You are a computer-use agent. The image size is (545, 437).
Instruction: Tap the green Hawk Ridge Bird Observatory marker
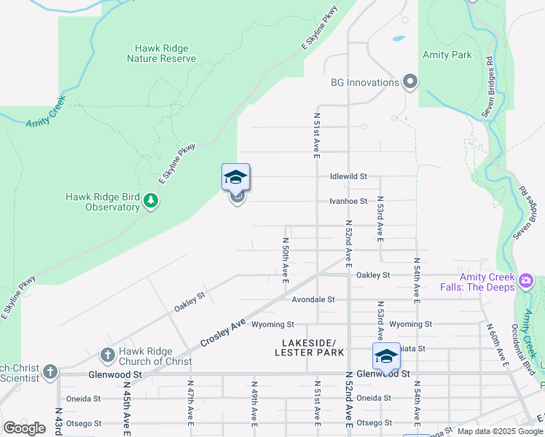pos(151,200)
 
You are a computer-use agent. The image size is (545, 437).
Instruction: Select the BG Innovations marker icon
pos(409,82)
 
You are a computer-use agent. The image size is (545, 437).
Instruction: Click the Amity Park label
pos(447,55)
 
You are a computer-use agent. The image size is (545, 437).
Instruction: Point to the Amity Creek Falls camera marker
pos(526,280)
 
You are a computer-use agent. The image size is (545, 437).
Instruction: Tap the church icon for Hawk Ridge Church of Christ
pos(107,355)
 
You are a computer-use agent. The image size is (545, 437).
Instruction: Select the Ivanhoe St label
pos(348,201)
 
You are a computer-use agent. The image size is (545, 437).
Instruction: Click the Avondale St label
pos(313,299)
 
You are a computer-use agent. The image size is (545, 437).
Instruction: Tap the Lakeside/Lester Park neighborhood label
pos(310,347)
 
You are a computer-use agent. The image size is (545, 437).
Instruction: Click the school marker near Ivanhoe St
pos(235,177)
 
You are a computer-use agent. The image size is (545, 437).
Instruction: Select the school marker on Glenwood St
pos(386,356)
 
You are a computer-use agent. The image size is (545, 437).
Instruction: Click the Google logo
pos(24,428)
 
